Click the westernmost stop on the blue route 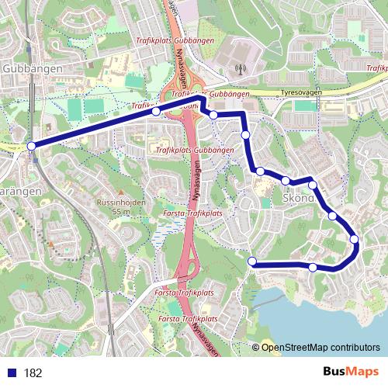[x=31, y=146]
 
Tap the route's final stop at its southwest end [x=252, y=262]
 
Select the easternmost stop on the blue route [x=355, y=239]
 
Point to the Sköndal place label [x=299, y=197]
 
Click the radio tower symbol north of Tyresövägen [x=240, y=68]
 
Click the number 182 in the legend [x=33, y=372]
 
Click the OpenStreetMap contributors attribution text [x=318, y=348]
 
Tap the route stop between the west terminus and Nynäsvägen [x=156, y=112]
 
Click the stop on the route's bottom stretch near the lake [x=313, y=268]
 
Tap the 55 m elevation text [x=120, y=211]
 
